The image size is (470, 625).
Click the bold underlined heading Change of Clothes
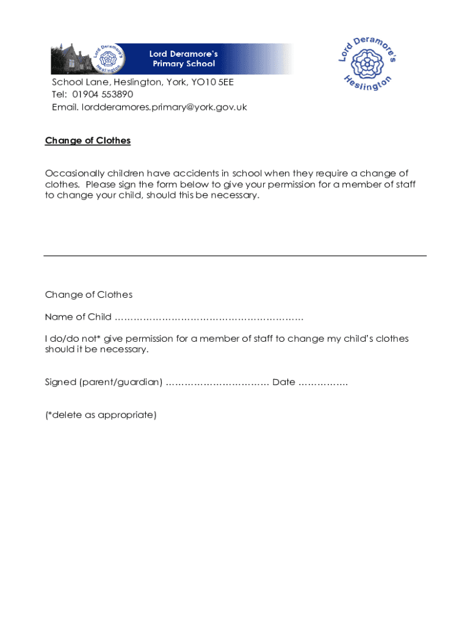pyautogui.click(x=88, y=141)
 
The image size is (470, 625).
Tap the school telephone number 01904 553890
pyautogui.click(x=103, y=95)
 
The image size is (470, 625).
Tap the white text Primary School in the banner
pyautogui.click(x=184, y=63)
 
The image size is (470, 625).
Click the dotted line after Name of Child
pyautogui.click(x=209, y=317)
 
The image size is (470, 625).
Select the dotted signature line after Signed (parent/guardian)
pyautogui.click(x=217, y=383)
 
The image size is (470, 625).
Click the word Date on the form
pyautogui.click(x=284, y=383)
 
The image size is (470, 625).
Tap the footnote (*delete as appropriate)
pyautogui.click(x=101, y=415)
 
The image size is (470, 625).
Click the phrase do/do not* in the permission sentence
pyautogui.click(x=74, y=339)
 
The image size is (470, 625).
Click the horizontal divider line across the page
pyautogui.click(x=235, y=256)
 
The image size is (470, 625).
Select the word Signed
pyautogui.click(x=60, y=383)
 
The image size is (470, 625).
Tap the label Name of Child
pyautogui.click(x=78, y=317)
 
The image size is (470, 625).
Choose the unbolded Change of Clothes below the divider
pyautogui.click(x=89, y=295)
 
